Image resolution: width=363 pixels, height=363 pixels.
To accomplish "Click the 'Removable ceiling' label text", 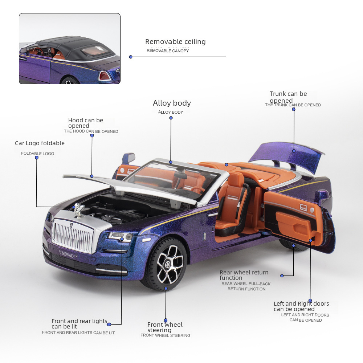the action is coord(175,42).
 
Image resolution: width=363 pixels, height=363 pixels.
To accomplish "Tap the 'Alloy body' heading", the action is coord(172,103).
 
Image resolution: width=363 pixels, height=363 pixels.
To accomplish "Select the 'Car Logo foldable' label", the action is coord(40,143).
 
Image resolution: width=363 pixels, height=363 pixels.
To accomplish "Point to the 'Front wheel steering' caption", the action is coord(165,327).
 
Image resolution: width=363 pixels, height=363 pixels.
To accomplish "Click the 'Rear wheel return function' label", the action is coord(244,275).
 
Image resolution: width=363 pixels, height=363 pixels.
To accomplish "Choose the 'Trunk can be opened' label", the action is coord(288,97).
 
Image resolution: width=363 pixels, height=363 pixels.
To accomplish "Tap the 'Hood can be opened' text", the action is coord(86,123).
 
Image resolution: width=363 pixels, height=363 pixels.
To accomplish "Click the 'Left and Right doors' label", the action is coord(301,306).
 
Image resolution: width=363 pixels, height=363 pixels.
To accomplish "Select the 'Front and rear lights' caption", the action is coord(79,323).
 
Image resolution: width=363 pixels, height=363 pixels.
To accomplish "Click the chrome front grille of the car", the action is coord(73,236).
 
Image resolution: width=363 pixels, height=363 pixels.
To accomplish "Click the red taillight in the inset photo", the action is coord(104,76).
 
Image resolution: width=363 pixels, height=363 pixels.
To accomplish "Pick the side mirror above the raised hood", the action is coord(128,158).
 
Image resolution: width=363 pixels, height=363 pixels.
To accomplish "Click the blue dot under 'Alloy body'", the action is coord(171,162).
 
